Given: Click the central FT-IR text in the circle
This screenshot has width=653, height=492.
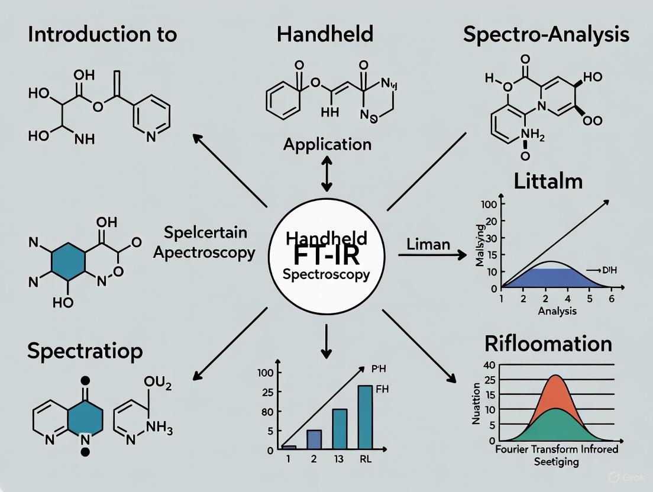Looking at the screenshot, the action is (326, 256).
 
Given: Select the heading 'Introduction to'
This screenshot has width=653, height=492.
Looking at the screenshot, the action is (102, 34).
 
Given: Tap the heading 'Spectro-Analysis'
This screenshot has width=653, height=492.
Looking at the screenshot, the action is (546, 34).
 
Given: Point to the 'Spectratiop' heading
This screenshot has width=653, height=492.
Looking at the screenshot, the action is (85, 351).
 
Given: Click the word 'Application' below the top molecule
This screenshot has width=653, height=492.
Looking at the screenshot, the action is (327, 144).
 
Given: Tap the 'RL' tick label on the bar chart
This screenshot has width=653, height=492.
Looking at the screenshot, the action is (365, 459).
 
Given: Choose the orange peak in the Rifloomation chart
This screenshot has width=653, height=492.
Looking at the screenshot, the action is (555, 390).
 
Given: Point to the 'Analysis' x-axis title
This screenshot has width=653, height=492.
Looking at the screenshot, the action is (557, 310).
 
